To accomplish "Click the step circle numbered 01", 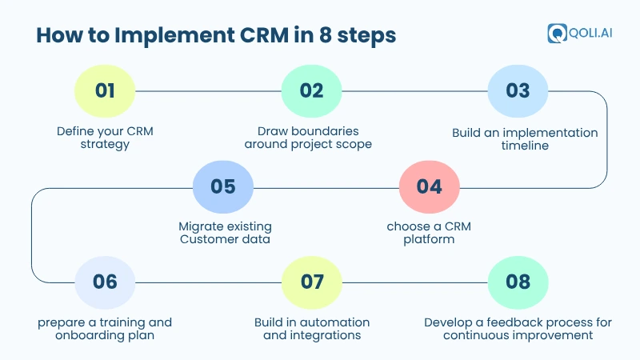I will click(x=104, y=90).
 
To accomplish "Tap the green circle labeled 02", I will click(x=311, y=90).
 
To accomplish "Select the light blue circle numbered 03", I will click(x=518, y=90).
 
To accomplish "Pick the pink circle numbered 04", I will click(x=429, y=186).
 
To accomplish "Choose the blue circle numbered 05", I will click(x=223, y=186).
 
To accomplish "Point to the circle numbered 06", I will click(x=104, y=282).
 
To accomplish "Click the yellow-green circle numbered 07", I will click(x=312, y=282).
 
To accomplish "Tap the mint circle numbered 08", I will click(x=518, y=282).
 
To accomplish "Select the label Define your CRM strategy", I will click(x=105, y=138).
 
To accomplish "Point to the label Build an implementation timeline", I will click(x=525, y=138).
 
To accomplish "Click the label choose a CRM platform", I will click(x=429, y=233).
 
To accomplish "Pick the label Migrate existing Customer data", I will click(x=224, y=233).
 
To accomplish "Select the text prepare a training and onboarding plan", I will click(x=105, y=329).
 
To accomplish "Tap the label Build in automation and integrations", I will click(x=312, y=329).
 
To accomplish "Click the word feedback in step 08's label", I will click(x=515, y=322).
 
